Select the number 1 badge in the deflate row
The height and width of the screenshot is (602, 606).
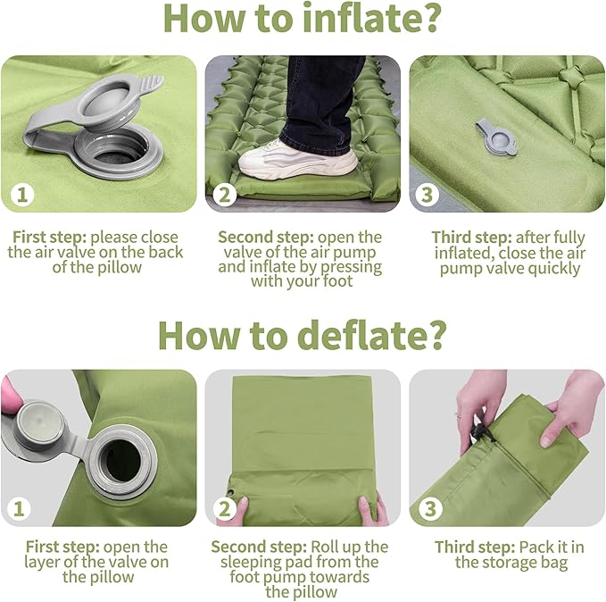click(19, 509)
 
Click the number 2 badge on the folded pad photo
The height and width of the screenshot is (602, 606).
click(224, 509)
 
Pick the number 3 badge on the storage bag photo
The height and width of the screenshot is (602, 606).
click(428, 509)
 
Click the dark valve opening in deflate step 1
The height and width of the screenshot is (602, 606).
click(121, 459)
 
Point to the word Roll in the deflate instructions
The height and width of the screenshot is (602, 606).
click(325, 547)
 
